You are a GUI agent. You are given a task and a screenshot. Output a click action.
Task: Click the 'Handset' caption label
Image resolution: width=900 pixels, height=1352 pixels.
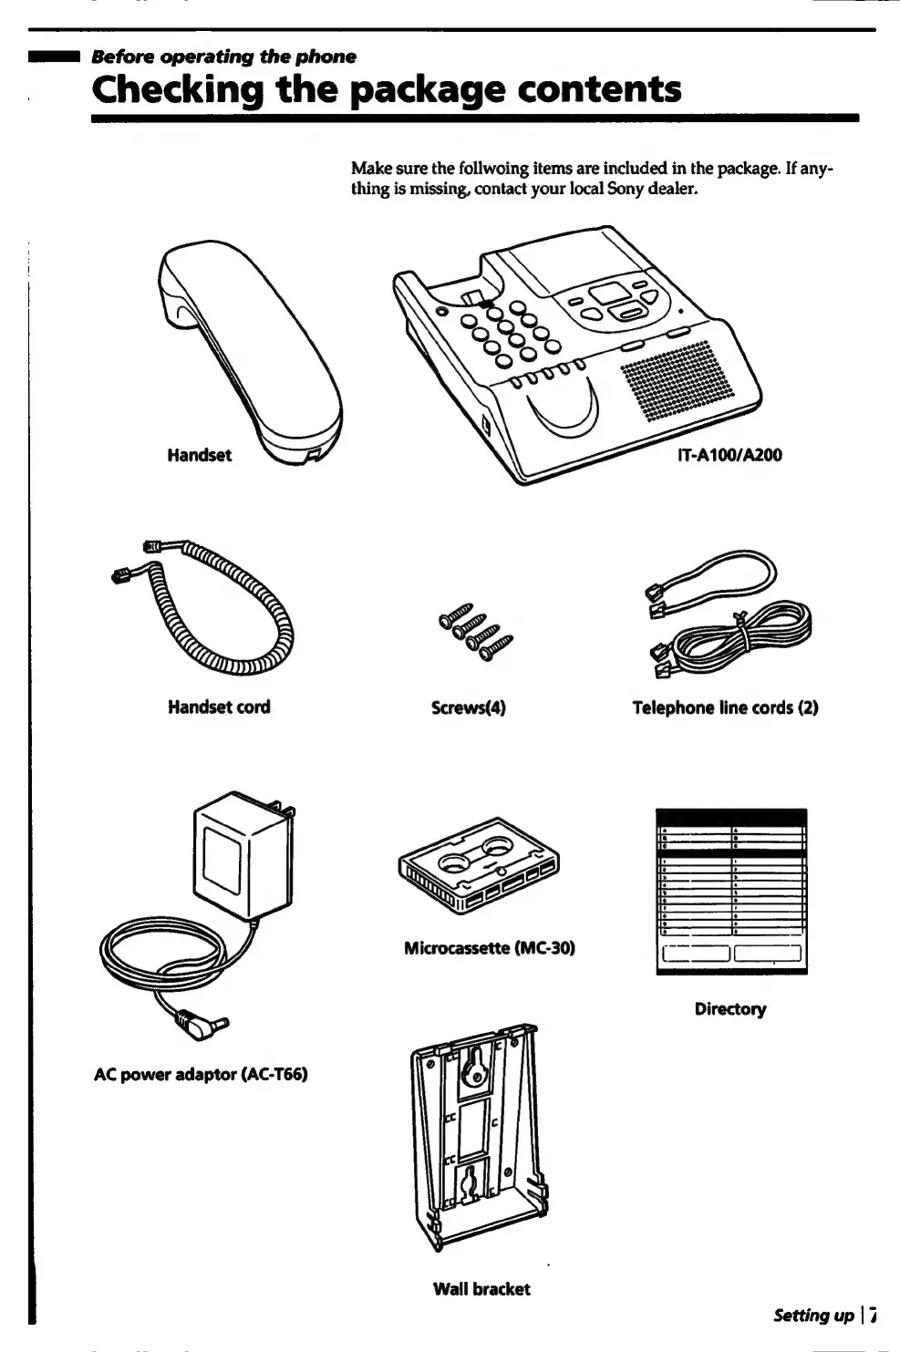(199, 455)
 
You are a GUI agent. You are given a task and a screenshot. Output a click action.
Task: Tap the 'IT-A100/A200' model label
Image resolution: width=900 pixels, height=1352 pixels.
(729, 455)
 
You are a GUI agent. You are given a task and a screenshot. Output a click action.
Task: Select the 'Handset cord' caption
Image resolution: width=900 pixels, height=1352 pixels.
(219, 707)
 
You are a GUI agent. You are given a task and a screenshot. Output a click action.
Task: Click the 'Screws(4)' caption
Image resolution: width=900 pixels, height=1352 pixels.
(468, 707)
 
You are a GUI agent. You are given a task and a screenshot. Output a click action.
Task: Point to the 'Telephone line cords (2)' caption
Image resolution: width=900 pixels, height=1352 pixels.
(725, 707)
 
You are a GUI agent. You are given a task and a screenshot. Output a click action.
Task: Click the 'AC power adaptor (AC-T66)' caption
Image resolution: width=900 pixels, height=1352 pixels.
(201, 1074)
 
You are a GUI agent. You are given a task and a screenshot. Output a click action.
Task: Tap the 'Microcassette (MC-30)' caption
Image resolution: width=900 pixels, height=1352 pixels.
(489, 948)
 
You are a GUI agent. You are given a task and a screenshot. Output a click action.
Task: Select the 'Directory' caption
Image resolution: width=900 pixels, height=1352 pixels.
(729, 1008)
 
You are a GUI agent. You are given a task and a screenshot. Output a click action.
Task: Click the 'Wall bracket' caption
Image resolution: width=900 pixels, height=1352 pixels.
(481, 1288)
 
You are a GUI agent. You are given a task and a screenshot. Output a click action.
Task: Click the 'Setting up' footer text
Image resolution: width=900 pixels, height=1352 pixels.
(813, 1315)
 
